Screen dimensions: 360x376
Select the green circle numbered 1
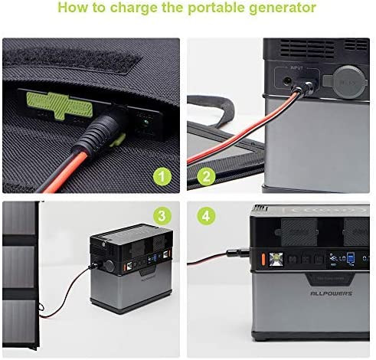[x=161, y=178]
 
